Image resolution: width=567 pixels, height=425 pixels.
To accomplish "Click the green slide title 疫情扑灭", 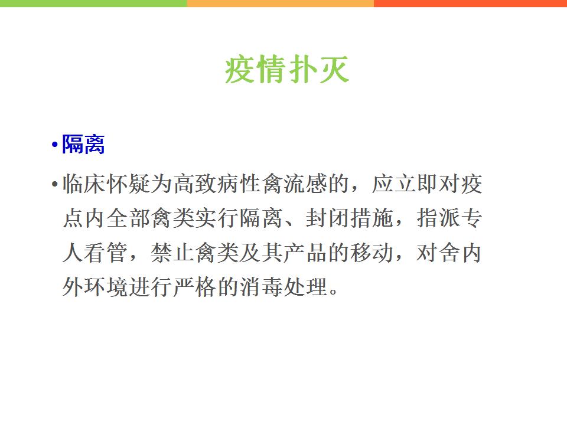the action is [287, 70].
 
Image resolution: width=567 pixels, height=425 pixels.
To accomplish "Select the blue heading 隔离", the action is [83, 144].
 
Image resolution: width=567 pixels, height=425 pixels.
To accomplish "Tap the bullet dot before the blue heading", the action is [54, 145].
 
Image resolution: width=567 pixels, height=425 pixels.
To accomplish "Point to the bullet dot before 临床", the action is [54, 184].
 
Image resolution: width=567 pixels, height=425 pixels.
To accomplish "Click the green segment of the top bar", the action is [93, 4].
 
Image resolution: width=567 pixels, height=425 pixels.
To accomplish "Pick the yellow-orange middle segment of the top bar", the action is [280, 4].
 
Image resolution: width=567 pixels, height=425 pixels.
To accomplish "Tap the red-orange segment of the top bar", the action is [471, 4].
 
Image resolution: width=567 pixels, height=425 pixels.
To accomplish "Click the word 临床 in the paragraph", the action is [84, 184].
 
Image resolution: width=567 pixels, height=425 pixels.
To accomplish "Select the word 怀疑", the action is [128, 184].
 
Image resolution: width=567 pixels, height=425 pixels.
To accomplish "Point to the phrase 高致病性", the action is [217, 184].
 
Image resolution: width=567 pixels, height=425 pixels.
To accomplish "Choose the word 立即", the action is [416, 184].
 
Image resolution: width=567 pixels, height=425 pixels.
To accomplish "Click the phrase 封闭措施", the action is [350, 218].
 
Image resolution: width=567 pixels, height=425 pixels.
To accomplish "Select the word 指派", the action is [438, 218].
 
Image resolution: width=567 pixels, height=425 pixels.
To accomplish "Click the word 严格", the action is [195, 287].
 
